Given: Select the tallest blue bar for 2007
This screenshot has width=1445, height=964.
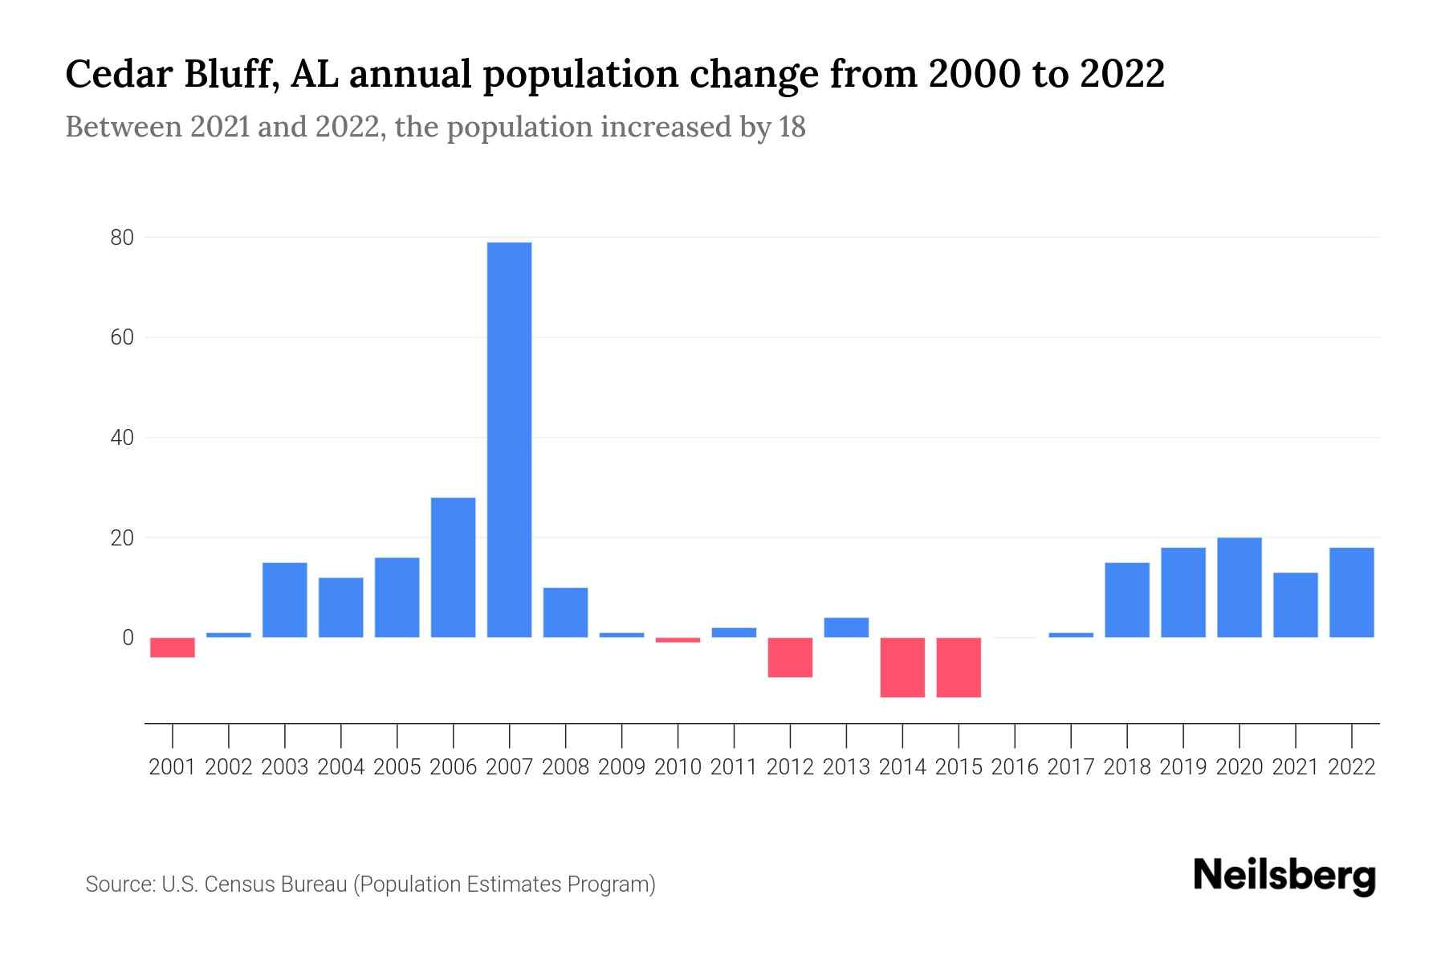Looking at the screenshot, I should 509,439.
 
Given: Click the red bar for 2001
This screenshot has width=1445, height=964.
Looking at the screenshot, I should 173,647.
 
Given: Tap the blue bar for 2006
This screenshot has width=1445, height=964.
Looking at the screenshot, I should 453,567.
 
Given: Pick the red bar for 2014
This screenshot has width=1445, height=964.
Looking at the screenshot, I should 902,667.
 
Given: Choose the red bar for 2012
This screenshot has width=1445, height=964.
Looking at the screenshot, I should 790,657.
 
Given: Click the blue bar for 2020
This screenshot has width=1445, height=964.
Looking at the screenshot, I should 1239,587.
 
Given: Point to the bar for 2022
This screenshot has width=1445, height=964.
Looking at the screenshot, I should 1351,592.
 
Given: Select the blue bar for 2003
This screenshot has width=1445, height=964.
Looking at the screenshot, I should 285,600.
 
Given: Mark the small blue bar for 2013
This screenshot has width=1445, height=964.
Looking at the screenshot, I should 846,627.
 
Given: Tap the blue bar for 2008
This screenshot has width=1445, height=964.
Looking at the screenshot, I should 565,612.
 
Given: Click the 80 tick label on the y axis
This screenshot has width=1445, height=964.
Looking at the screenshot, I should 122,238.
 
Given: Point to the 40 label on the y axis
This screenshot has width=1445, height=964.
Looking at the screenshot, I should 122,438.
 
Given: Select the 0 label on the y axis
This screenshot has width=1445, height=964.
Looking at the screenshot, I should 128,638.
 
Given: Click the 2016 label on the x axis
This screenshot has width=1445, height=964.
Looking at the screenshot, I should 1015,767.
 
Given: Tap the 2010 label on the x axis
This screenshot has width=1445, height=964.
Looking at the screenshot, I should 678,767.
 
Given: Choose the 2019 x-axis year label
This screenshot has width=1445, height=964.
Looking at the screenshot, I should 1183,767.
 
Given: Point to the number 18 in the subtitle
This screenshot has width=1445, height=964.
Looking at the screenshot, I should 792,127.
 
